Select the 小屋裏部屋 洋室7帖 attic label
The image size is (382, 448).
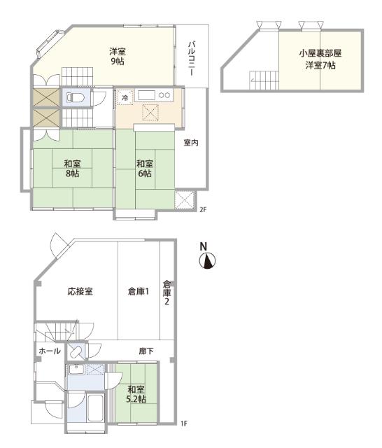pyautogui.click(x=320, y=59)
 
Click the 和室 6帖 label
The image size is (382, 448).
pyautogui.click(x=146, y=169)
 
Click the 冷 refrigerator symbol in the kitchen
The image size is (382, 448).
pyautogui.click(x=125, y=97)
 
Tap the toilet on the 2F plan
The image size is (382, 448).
pyautogui.click(x=78, y=97)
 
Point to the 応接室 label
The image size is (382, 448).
pyautogui.click(x=80, y=291)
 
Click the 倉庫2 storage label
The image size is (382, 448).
pyautogui.click(x=167, y=293)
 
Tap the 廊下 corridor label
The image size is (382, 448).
pyautogui.click(x=146, y=350)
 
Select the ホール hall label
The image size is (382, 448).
pyautogui.click(x=48, y=350)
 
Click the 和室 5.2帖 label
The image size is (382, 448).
pyautogui.click(x=136, y=394)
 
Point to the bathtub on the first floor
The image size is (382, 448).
pyautogui.click(x=95, y=408)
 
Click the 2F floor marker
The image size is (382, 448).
pyautogui.click(x=203, y=209)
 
